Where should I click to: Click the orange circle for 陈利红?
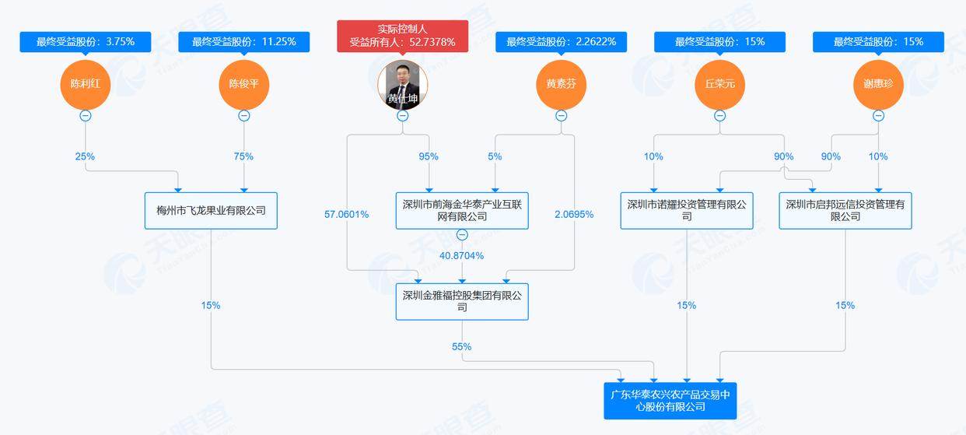[x=86, y=83]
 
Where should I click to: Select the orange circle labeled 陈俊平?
[x=244, y=83]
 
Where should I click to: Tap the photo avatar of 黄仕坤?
[x=403, y=83]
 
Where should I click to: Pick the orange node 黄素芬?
[x=561, y=83]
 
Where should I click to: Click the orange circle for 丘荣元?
[x=719, y=83]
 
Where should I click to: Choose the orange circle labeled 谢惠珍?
[x=878, y=83]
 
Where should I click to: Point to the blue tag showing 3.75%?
[x=86, y=42]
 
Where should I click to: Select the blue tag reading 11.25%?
[x=244, y=42]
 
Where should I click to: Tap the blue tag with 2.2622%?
[x=561, y=42]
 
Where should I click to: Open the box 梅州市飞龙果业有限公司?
[x=211, y=210]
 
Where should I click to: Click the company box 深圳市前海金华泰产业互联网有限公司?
[x=462, y=210]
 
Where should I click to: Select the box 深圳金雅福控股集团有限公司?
[x=462, y=301]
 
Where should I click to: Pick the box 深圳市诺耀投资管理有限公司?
[x=687, y=210]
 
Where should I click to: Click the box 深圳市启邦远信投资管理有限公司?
[x=845, y=210]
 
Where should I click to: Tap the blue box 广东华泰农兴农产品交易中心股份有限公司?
[x=670, y=401]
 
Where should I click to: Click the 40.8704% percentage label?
[x=462, y=255]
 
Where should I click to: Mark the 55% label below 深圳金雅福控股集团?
[x=462, y=346]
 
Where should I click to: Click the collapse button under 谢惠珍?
[x=878, y=116]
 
